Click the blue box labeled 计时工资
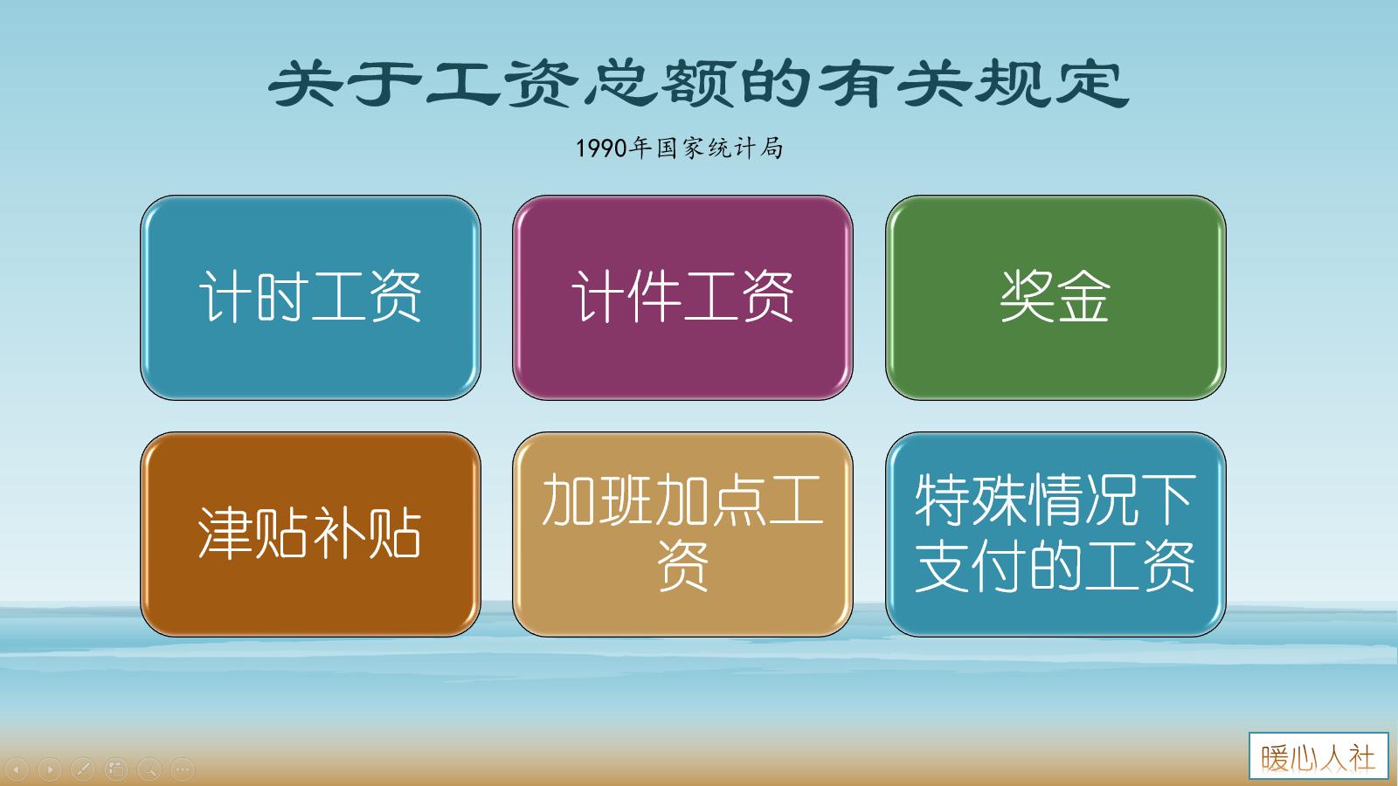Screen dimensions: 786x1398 [x=310, y=297]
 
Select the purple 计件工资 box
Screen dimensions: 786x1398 [x=682, y=297]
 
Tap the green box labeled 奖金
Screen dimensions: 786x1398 [x=1055, y=297]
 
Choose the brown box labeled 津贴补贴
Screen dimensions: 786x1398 [x=310, y=534]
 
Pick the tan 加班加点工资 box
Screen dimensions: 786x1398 [x=682, y=534]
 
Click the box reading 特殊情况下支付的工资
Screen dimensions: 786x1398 [x=1055, y=534]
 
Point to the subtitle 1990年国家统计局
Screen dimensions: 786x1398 [x=679, y=148]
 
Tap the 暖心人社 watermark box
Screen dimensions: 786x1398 [x=1318, y=756]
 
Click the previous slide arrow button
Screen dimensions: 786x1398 [x=17, y=769]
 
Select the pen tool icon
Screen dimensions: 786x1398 [x=83, y=769]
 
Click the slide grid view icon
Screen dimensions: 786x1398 [x=116, y=769]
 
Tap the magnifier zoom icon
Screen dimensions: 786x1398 [x=149, y=769]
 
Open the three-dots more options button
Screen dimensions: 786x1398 [x=182, y=769]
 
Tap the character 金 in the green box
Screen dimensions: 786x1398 [x=1083, y=297]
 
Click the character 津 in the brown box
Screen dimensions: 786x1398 [x=225, y=534]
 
